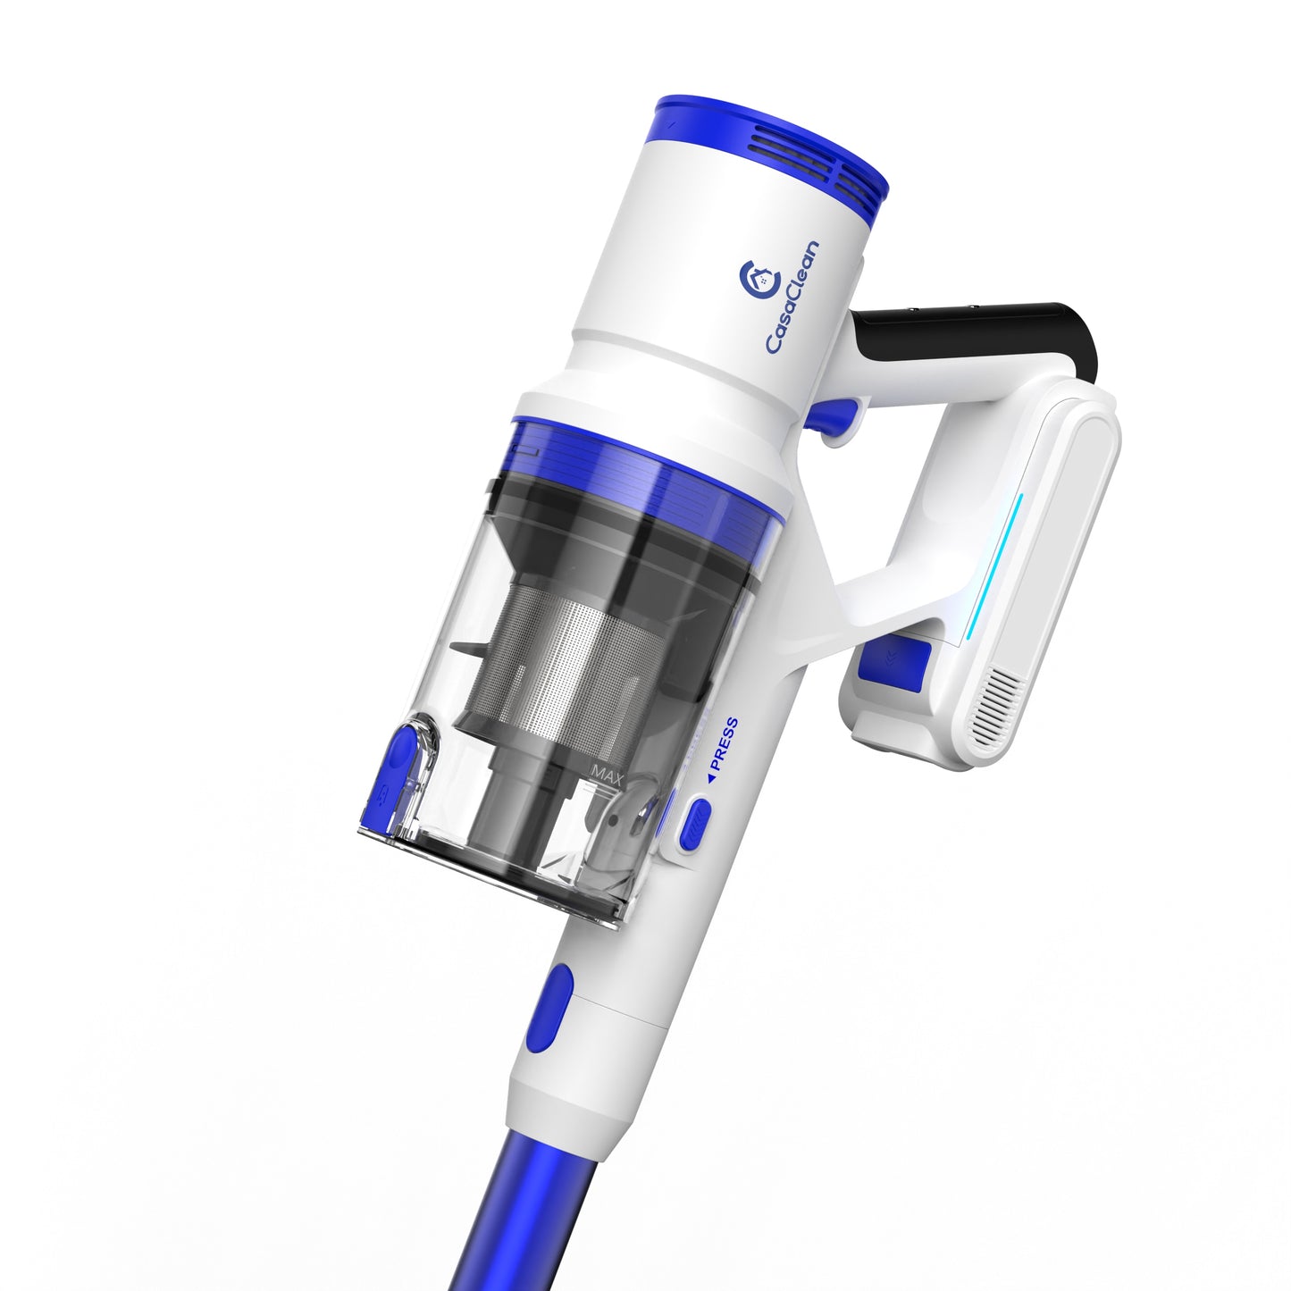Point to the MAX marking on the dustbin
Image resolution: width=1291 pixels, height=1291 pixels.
612,770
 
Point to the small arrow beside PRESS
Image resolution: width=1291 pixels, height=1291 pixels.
711,778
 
